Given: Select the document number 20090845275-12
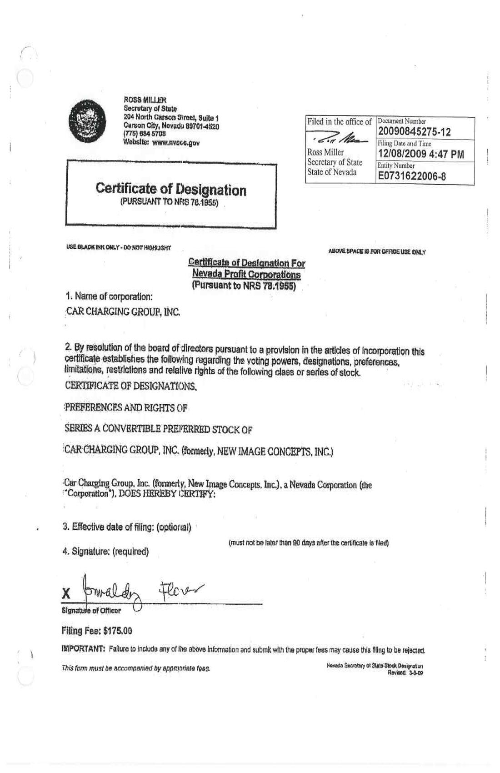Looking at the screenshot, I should (x=414, y=132).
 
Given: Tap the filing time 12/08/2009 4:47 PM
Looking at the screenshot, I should (x=420, y=154).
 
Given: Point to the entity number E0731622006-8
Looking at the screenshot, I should (x=411, y=176).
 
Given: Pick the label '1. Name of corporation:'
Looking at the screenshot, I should (x=109, y=296).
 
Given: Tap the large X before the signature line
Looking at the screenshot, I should (x=67, y=593).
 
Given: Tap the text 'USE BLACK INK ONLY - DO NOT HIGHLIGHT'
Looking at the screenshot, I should (x=118, y=248).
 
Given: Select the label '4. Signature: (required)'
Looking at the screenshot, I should (x=105, y=552).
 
